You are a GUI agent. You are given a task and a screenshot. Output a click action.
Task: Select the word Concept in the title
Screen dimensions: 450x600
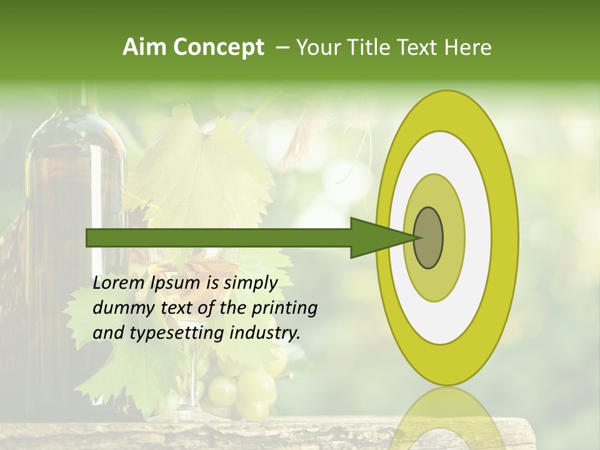[x=219, y=48]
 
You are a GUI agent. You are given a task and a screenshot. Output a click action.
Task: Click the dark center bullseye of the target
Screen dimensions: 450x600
[x=428, y=237]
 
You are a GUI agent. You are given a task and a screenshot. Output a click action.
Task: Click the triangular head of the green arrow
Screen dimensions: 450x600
[x=381, y=237]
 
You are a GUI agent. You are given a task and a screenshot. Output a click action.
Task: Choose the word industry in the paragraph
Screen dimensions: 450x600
[x=265, y=333]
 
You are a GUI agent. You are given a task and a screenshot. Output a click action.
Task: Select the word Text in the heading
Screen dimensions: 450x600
[x=419, y=47]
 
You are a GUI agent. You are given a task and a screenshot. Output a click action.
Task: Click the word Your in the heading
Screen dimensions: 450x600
[x=316, y=47]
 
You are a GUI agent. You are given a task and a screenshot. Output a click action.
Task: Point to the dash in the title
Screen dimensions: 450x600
[x=282, y=48]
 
